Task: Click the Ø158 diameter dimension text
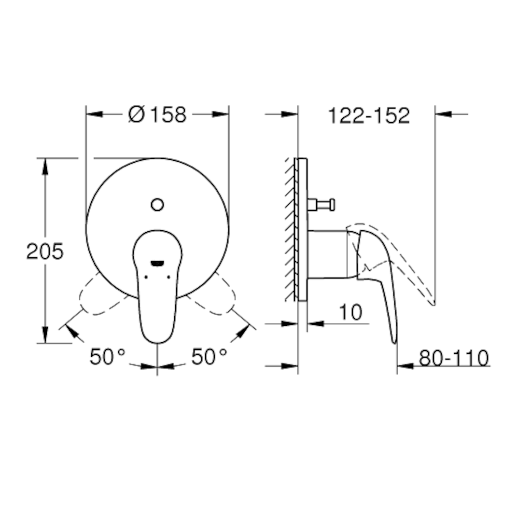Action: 157,115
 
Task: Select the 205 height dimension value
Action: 44,252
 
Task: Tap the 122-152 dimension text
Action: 369,116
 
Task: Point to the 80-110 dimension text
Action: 454,358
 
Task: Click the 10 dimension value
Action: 350,312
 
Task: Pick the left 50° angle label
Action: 107,357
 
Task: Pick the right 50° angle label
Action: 209,357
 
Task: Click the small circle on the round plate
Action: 157,205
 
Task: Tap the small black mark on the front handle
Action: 157,263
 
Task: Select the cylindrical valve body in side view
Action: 327,254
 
